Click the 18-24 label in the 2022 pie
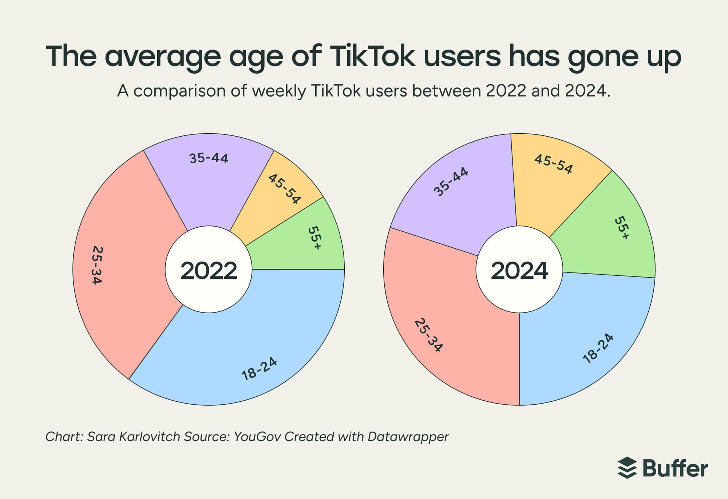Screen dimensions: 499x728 (260, 369)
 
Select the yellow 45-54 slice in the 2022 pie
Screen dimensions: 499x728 (280, 197)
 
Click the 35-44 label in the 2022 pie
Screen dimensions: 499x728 (209, 158)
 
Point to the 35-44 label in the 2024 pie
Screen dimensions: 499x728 (451, 181)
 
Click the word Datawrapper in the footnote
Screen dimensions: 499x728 (408, 436)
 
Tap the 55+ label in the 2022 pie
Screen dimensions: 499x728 (314, 238)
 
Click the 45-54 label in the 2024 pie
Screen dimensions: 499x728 (553, 164)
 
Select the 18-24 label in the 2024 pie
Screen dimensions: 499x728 (598, 348)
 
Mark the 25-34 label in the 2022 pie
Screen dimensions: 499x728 (97, 265)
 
